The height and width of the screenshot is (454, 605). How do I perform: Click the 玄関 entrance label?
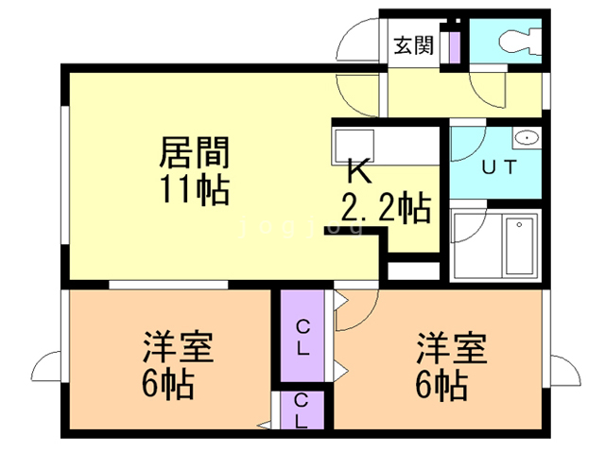[x=413, y=44]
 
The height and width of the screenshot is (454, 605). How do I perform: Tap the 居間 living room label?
[x=194, y=150]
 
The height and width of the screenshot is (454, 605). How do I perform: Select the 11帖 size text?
[x=194, y=189]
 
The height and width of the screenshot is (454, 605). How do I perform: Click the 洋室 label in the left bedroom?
[x=178, y=348]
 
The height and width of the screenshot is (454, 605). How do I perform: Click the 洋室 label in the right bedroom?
[x=453, y=348]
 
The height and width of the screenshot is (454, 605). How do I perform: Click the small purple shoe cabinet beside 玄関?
[x=453, y=44]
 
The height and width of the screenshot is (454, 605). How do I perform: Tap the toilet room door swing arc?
[x=493, y=86]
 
